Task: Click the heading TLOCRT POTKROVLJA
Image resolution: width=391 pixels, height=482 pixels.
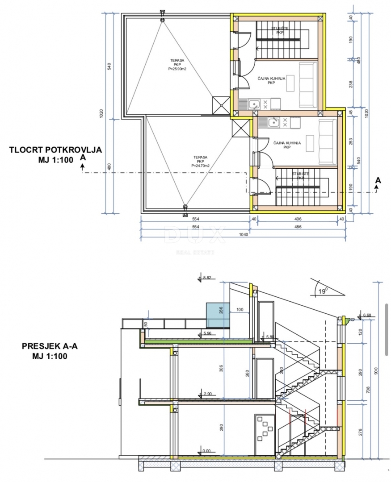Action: pyautogui.click(x=55, y=150)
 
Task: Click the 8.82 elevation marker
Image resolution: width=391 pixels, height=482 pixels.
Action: pyautogui.click(x=206, y=278)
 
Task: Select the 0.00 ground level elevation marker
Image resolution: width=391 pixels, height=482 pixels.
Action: pyautogui.click(x=206, y=451)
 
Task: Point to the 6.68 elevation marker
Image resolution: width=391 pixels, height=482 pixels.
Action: pyautogui.click(x=367, y=315)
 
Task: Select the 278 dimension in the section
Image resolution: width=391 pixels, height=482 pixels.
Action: pyautogui.click(x=361, y=432)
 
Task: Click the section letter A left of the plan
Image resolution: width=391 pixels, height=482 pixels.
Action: pyautogui.click(x=82, y=157)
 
